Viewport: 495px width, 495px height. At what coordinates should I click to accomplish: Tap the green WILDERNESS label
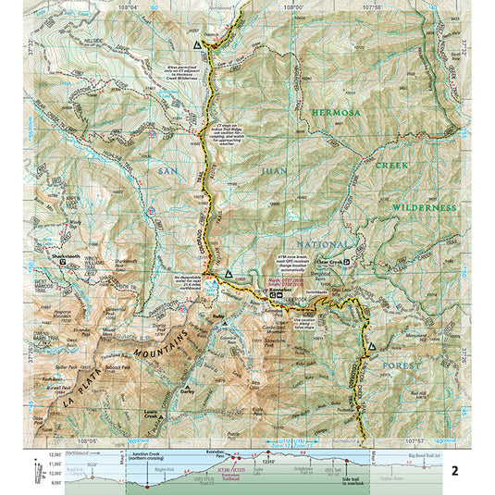421,208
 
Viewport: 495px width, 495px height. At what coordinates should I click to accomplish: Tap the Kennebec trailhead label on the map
280,290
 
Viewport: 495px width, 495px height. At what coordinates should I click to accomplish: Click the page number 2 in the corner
453,471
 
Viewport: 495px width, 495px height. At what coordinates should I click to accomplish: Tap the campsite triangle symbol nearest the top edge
197,43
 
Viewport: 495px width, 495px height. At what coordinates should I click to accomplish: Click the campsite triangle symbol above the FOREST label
372,346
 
